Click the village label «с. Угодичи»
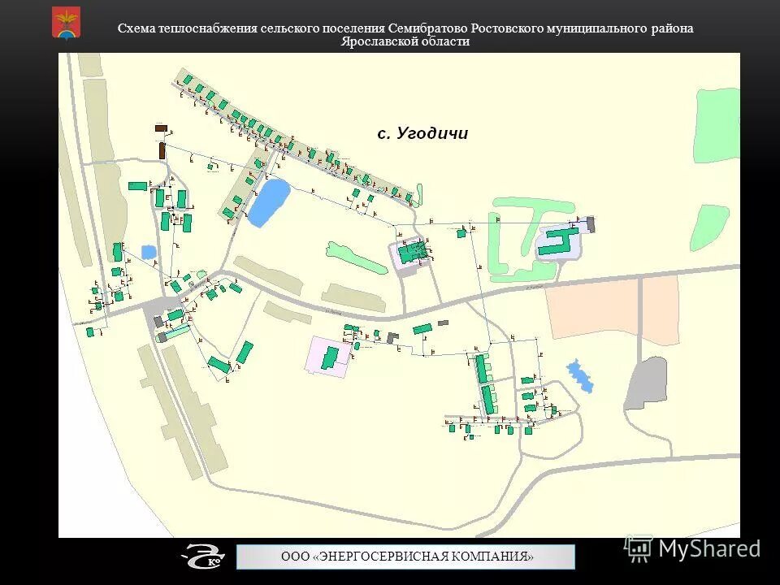[x=422, y=134]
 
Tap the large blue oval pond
[x=269, y=201]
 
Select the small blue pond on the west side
[x=149, y=252]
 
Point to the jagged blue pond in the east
[x=579, y=375]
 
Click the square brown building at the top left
[x=161, y=128]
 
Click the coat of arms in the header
[x=66, y=22]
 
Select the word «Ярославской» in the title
[x=373, y=41]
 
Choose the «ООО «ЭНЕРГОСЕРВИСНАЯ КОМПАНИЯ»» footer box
[x=406, y=557]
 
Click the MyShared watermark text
[x=708, y=548]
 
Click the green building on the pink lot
[x=331, y=357]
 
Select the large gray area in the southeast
[x=646, y=383]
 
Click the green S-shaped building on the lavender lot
[x=559, y=240]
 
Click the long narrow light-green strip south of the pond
[x=355, y=258]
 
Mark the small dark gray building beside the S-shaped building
[x=591, y=224]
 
